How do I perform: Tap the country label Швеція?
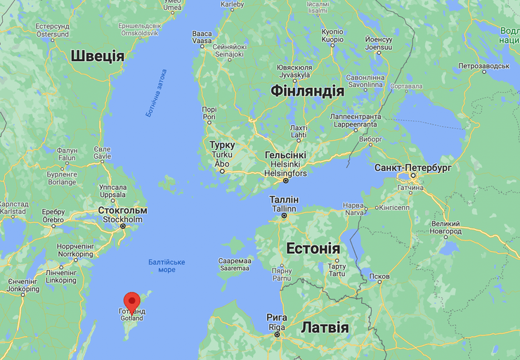pyautogui.click(x=97, y=56)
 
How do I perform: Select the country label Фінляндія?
pyautogui.click(x=308, y=91)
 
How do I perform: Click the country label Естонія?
pyautogui.click(x=313, y=249)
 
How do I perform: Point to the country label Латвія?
pyautogui.click(x=325, y=328)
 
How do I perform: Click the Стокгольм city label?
pyautogui.click(x=123, y=210)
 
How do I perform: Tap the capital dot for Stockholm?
pyautogui.click(x=123, y=226)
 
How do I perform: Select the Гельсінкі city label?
pyautogui.click(x=285, y=155)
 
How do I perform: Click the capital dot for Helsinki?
pyautogui.click(x=285, y=181)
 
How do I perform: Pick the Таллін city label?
pyautogui.click(x=284, y=200)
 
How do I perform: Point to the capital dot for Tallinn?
pyautogui.click(x=285, y=216)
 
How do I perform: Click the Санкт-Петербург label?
pyautogui.click(x=413, y=169)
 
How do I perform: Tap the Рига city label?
pyautogui.click(x=277, y=318)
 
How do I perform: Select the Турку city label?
pyautogui.click(x=222, y=146)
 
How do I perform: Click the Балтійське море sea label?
pyautogui.click(x=167, y=266)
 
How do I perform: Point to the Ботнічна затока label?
pyautogui.click(x=157, y=92)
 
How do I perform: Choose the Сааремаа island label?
pyautogui.click(x=235, y=260)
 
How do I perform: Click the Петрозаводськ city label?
pyautogui.click(x=483, y=65)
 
